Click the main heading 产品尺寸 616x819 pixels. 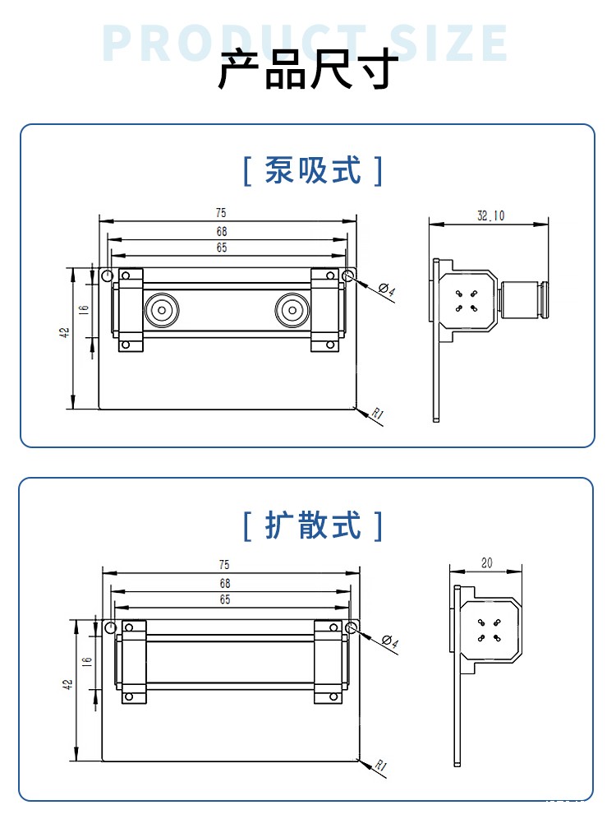(308, 70)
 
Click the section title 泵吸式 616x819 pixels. (313, 171)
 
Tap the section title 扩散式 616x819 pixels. (313, 525)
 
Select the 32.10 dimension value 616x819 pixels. (490, 216)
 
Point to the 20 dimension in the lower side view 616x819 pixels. (486, 563)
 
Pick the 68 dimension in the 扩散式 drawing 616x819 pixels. (224, 583)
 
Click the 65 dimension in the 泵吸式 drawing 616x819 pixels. (222, 247)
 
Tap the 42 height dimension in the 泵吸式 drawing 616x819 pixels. (64, 333)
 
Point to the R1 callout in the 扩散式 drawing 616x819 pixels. (380, 766)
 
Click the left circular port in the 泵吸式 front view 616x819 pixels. (159, 311)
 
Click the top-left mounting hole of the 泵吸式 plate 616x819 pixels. (107, 275)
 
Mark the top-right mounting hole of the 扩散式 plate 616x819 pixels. (352, 629)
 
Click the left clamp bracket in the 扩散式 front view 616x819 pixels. (134, 661)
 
